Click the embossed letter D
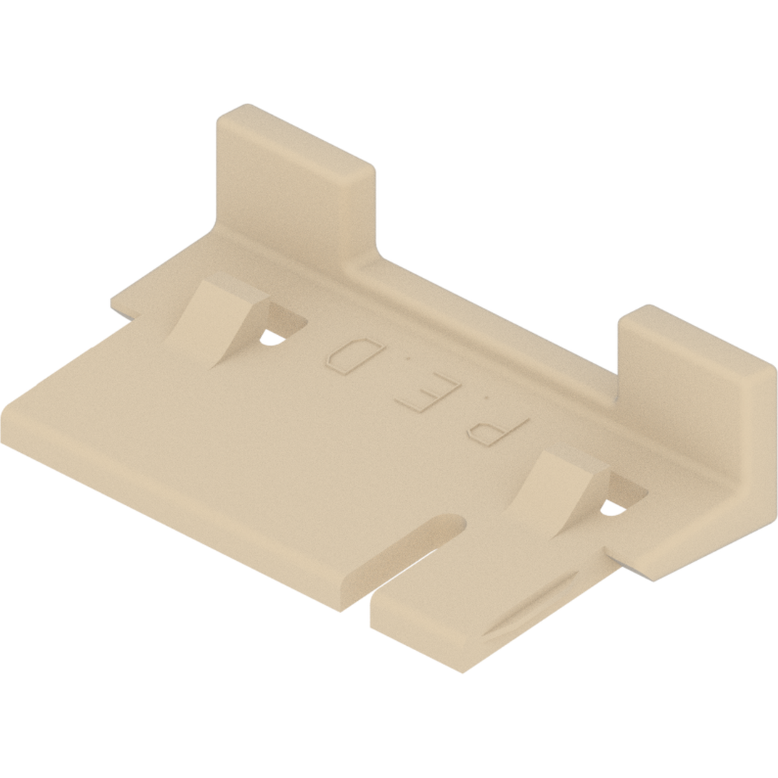coord(351,356)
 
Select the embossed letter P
coord(498,429)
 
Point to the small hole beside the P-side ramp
coord(612,509)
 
